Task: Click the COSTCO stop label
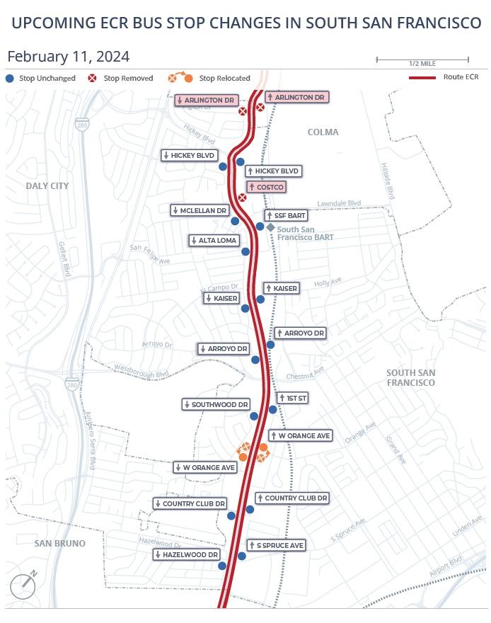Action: click(x=266, y=187)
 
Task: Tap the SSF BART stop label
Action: click(x=285, y=215)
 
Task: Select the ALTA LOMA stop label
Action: click(x=214, y=241)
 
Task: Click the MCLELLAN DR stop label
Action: click(x=200, y=210)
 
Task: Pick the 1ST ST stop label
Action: click(x=293, y=398)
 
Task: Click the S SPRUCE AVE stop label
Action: click(x=276, y=545)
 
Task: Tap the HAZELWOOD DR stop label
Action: click(x=187, y=555)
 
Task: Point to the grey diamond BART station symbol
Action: click(x=270, y=227)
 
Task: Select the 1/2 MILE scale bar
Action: click(x=422, y=59)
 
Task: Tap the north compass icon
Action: click(x=23, y=585)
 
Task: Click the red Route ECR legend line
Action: click(x=422, y=76)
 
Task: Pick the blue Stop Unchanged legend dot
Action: click(x=10, y=78)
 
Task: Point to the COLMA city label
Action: click(x=323, y=132)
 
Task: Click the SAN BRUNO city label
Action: click(x=60, y=543)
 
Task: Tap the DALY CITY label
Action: click(x=47, y=185)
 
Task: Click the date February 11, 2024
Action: click(x=68, y=57)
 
